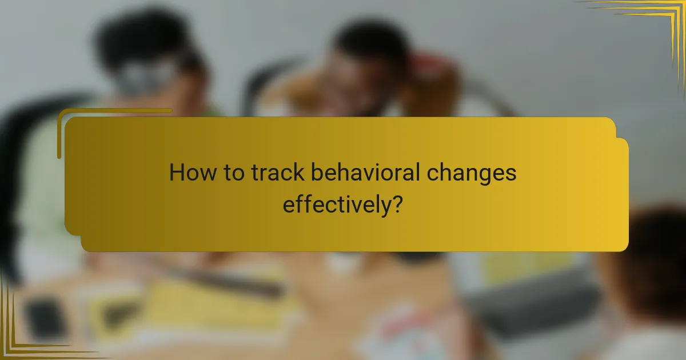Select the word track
coord(280,173)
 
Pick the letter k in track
coord(303,172)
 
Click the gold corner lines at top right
coord(657,23)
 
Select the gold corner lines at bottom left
coord(23,337)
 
